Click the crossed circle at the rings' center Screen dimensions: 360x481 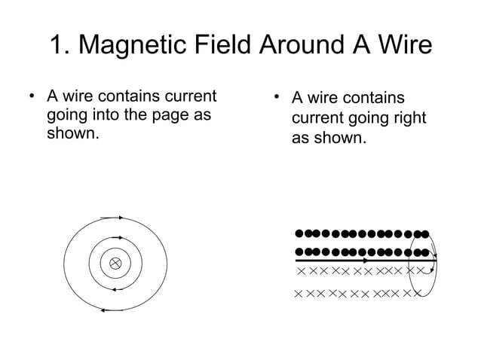tap(115, 263)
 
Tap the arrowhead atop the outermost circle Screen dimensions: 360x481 tap(117, 218)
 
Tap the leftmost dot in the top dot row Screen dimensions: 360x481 tap(299, 233)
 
